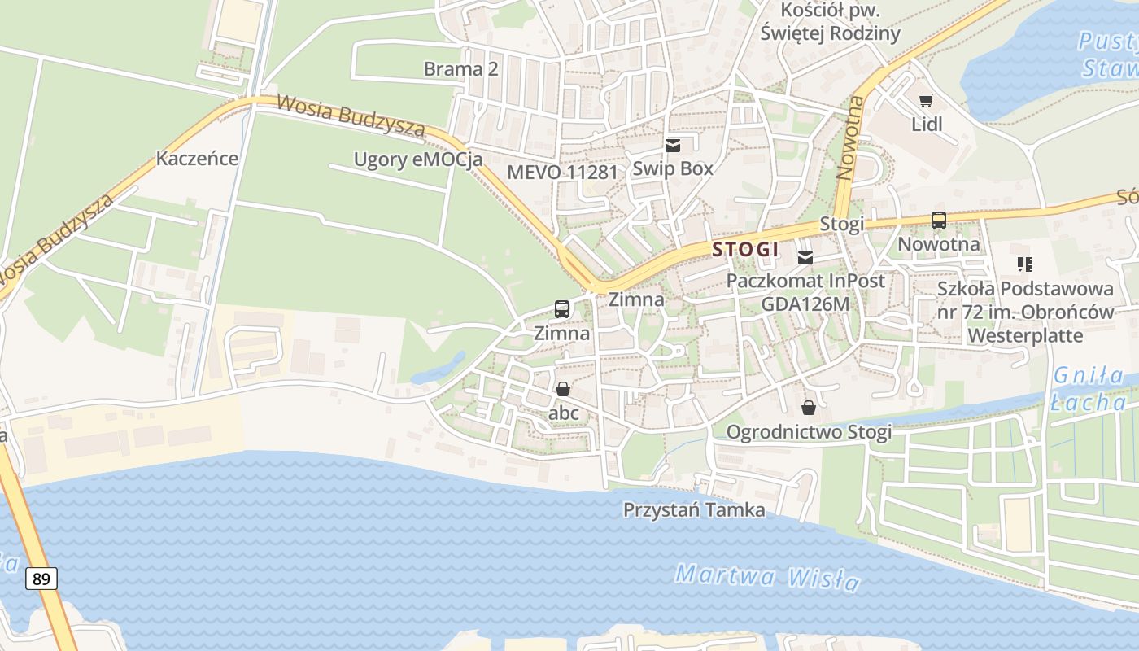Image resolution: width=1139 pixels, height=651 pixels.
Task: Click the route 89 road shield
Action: coord(41,579)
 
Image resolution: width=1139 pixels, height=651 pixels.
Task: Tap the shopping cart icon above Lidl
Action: coord(926,100)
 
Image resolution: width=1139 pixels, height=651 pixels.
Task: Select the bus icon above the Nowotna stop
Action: coord(938,220)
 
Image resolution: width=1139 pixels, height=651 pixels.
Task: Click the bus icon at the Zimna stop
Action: coord(561,308)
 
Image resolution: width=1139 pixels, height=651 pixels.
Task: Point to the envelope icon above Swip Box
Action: coord(672,146)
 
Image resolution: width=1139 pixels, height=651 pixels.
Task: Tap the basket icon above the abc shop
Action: coord(562,389)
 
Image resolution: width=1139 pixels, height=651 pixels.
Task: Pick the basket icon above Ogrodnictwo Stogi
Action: coord(808,407)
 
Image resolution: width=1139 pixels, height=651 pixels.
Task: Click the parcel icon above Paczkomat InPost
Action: coord(805,258)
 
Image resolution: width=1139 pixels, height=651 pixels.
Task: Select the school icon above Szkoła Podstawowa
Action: coord(1024,264)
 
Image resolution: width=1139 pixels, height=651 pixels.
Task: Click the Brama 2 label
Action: coord(460,69)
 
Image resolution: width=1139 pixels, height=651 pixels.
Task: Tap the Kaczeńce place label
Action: coord(197,158)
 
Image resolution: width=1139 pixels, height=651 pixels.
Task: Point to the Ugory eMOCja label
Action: coord(417,159)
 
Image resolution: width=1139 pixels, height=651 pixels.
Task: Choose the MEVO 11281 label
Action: coord(562,172)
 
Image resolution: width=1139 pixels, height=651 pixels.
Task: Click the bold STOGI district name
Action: coord(745,249)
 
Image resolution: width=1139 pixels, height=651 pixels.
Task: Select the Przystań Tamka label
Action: coord(693,510)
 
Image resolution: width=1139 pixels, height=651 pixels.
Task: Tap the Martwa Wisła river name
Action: coord(767,577)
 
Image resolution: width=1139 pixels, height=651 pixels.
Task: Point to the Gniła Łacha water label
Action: coord(1089,389)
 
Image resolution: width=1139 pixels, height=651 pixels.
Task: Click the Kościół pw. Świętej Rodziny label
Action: coord(830,22)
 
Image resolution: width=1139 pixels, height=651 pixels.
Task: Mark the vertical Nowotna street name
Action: coord(849,138)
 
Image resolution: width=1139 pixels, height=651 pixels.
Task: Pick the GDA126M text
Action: coord(805,304)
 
